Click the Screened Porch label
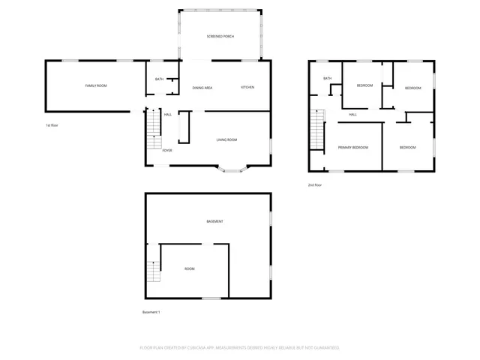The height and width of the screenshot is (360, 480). (x=220, y=36)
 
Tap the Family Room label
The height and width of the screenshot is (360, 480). (x=95, y=86)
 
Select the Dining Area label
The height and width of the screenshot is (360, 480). (x=202, y=88)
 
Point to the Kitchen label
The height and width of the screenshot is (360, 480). (x=247, y=88)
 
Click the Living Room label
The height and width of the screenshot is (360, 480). (x=227, y=139)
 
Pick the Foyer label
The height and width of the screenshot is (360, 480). (x=166, y=150)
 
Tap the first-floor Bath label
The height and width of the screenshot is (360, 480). (x=159, y=79)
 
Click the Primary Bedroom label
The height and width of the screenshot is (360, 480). (x=352, y=148)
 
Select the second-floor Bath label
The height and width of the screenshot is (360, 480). (x=327, y=78)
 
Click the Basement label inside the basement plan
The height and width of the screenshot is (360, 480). (x=215, y=221)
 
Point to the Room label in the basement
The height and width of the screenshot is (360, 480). (x=190, y=268)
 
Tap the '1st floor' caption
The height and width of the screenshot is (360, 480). (x=52, y=125)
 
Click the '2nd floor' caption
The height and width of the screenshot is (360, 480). (x=314, y=184)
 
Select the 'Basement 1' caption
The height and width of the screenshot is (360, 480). (x=151, y=312)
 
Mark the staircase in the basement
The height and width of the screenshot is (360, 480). (x=154, y=270)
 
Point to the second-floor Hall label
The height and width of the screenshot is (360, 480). (x=352, y=115)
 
